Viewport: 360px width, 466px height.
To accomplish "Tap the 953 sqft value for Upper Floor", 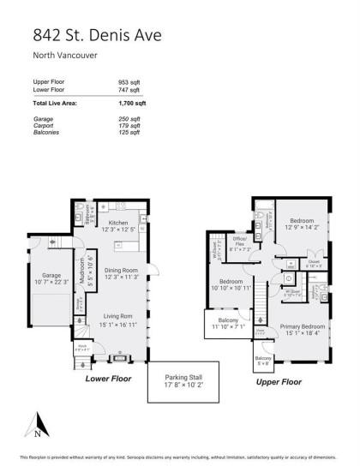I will [x=129, y=82].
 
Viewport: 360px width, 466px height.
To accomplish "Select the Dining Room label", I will [x=121, y=270].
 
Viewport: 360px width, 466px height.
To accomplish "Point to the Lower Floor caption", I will [x=112, y=376].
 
